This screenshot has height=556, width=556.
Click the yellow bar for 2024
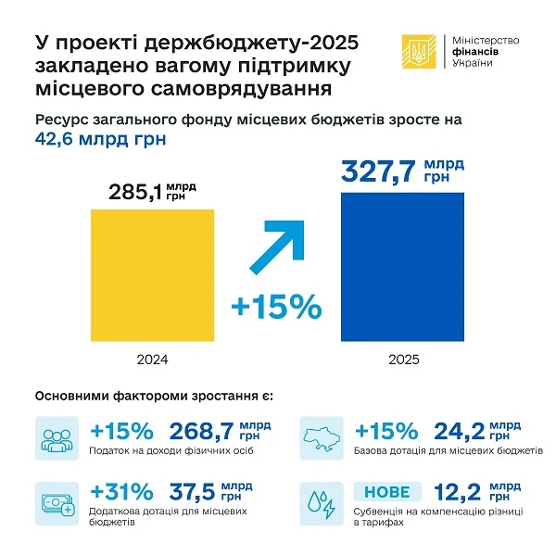click(152, 275)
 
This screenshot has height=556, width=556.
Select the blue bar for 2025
click(403, 268)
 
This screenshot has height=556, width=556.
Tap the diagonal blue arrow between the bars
click(285, 244)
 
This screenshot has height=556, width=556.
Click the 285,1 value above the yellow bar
click(134, 193)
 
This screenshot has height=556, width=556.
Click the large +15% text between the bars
click(275, 307)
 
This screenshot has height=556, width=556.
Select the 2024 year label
click(152, 359)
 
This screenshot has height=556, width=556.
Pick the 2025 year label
click(403, 359)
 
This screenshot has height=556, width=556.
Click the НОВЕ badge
click(387, 492)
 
